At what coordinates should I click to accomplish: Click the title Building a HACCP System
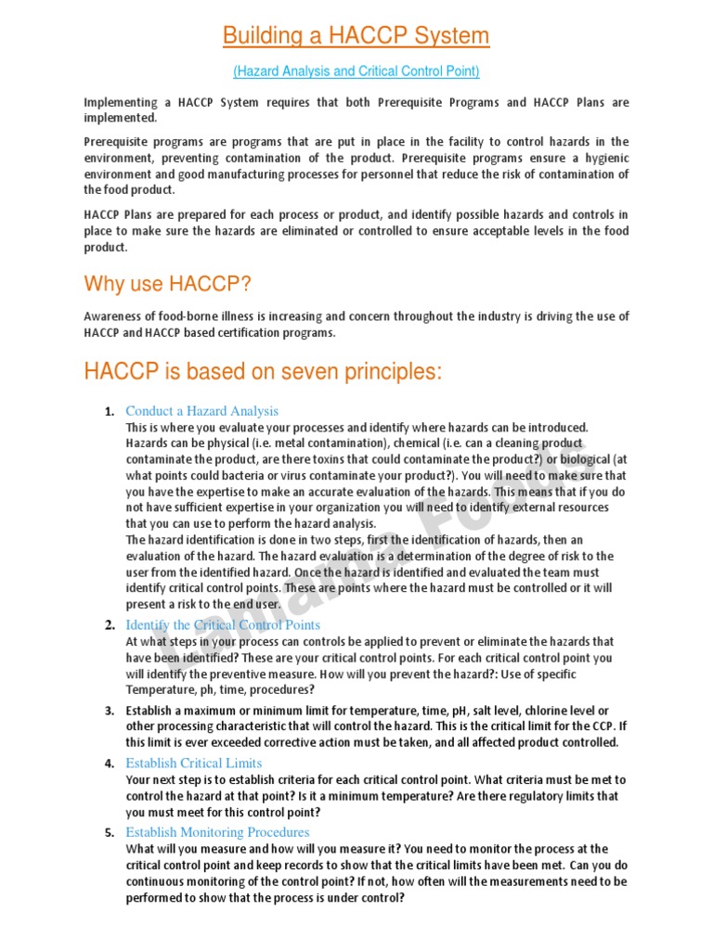(356, 36)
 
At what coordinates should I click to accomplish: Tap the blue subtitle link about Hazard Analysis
(356, 71)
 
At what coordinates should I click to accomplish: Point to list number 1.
(109, 411)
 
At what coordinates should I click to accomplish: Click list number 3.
(109, 711)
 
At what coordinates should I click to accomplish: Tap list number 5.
(109, 832)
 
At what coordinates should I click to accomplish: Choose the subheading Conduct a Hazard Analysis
(201, 411)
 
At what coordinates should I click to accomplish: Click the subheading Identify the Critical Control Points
(223, 625)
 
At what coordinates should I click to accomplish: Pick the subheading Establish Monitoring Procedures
(217, 832)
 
